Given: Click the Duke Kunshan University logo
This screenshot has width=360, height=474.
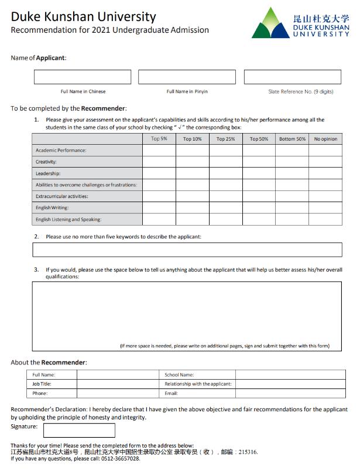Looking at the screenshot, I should pos(300,23).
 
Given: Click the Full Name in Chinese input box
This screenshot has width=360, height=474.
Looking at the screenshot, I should pos(83,77).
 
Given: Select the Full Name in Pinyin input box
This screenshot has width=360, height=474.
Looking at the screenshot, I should pos(187,77).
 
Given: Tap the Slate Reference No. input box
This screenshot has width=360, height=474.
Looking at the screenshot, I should pos(292,77).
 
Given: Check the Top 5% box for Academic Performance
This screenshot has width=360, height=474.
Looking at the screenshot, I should pos(159,151).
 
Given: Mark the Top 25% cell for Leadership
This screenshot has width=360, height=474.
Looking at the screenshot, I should pos(225,173).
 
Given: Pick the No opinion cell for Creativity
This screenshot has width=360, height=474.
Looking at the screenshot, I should pos(325,162).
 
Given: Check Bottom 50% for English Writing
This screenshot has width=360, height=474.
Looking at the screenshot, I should pos(292,208).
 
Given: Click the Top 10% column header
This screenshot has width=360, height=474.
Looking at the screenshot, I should pos(192,139).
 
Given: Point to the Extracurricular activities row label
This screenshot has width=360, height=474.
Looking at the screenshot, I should pos(62,196).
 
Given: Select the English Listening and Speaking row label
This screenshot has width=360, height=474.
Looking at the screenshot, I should pos(68,220).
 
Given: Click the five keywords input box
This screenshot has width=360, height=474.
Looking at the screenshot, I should pos(187,250).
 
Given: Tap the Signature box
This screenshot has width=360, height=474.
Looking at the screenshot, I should pos(79,431).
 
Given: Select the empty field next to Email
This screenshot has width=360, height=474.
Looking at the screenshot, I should pos(290,393).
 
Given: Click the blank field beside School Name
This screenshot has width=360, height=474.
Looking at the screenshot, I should pos(290,374).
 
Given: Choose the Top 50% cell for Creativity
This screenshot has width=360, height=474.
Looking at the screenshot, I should pos(259,162).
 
